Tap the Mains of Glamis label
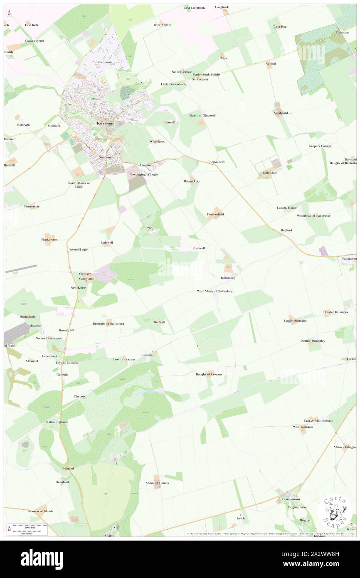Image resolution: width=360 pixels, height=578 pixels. [x=157, y=483]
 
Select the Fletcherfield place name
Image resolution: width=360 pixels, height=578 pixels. [x=215, y=214]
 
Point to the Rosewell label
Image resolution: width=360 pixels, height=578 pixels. [x=198, y=248]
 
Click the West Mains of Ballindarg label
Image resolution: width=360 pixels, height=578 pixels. [x=215, y=291]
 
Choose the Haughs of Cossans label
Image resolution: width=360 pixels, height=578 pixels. [x=209, y=374]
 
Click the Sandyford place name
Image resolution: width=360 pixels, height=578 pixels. [x=281, y=113]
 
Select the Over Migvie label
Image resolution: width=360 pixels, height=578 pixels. [x=163, y=25]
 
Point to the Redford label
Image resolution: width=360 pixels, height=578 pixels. [x=286, y=230]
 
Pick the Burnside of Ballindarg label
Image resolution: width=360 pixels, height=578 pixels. [x=108, y=323]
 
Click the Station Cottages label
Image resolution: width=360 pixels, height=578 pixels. [x=57, y=422]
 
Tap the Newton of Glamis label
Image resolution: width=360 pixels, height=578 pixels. [x=41, y=511]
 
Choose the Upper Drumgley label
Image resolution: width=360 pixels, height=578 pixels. [x=295, y=321]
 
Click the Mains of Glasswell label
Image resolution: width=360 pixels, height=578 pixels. [x=202, y=115]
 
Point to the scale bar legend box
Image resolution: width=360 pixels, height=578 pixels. [x=27, y=529]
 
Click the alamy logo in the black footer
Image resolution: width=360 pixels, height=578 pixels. [x=42, y=559]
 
